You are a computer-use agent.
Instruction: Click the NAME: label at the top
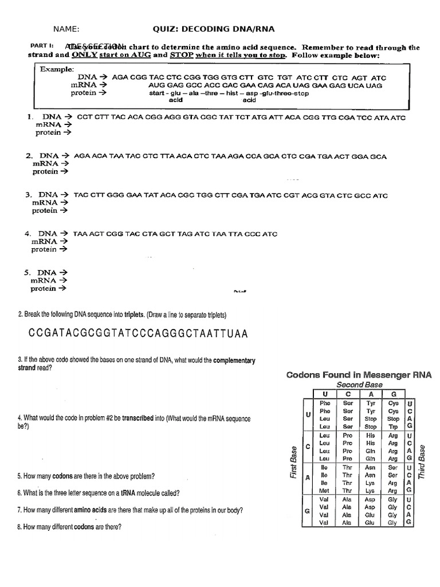coord(66,30)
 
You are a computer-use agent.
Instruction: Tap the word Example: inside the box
coord(57,69)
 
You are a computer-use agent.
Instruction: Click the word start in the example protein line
coord(158,93)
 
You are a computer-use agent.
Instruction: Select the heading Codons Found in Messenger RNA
coord(359,375)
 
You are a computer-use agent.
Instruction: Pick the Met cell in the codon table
coord(325,491)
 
